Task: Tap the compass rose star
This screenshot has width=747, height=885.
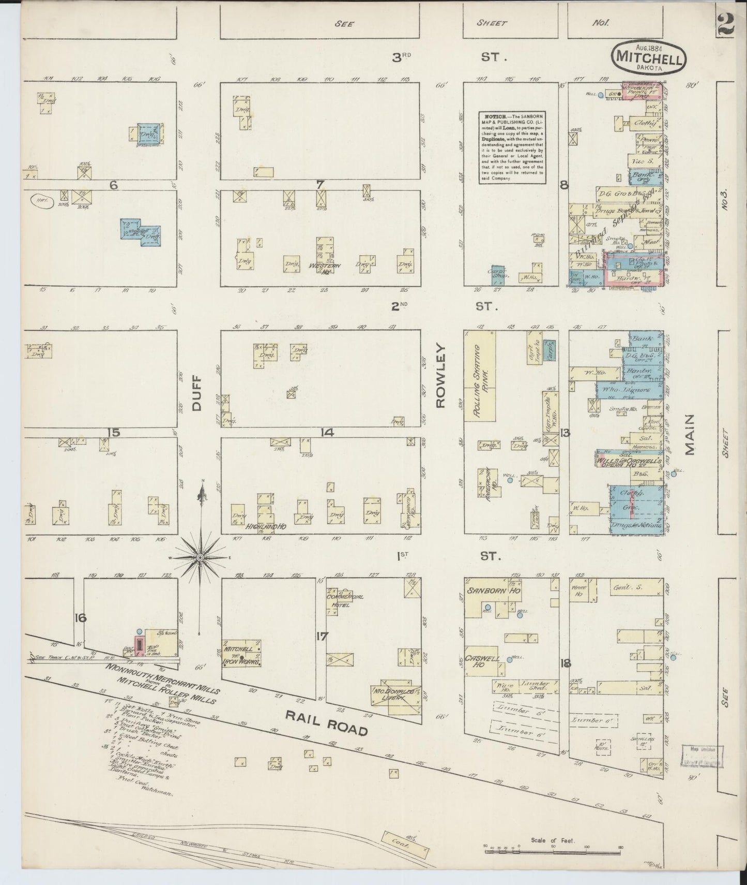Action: click(x=200, y=557)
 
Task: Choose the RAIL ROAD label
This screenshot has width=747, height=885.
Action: click(x=327, y=722)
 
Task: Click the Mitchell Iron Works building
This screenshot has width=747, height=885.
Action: click(x=241, y=653)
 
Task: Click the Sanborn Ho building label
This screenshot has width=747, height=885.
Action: click(x=486, y=591)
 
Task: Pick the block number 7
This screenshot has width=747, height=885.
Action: click(x=320, y=184)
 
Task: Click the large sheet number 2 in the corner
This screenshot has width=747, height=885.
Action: click(x=726, y=25)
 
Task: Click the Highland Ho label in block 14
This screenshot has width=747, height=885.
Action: click(x=260, y=526)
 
